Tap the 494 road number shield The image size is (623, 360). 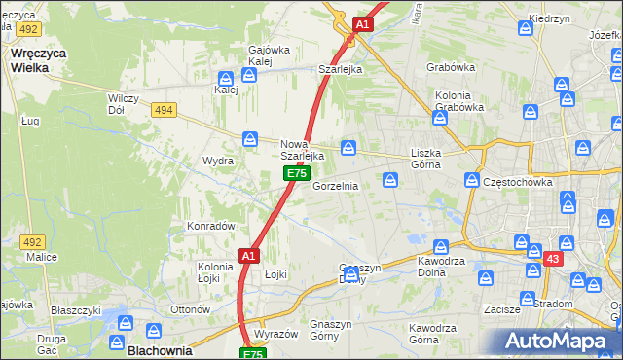[163, 110]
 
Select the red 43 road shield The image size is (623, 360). [552, 258]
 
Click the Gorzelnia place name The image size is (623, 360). [336, 185]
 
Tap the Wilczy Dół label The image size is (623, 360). [124, 104]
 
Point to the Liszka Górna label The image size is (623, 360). [426, 160]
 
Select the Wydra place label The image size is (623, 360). [217, 161]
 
